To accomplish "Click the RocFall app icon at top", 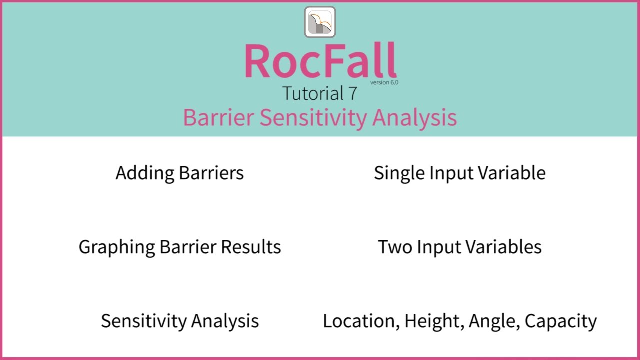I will click(x=320, y=22).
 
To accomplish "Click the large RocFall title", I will click(x=320, y=61).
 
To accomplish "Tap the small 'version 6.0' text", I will click(x=384, y=82).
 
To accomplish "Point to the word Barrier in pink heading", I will click(x=219, y=118).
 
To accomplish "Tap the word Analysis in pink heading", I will click(x=414, y=118).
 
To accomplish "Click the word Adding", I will click(x=145, y=173).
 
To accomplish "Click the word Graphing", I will click(x=117, y=247).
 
